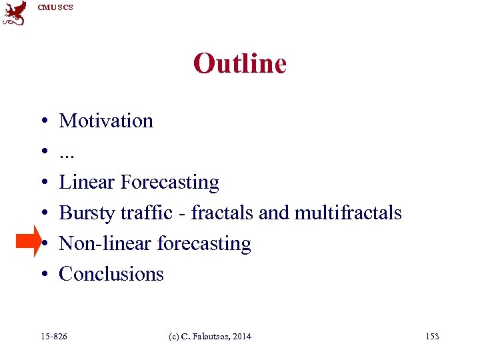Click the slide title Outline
(239, 64)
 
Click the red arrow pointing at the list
(29, 241)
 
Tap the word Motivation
(106, 121)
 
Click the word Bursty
(87, 213)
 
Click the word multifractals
(348, 213)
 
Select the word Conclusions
(111, 274)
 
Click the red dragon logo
(15, 12)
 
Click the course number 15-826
(53, 337)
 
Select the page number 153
(432, 337)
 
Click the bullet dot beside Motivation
(43, 122)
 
